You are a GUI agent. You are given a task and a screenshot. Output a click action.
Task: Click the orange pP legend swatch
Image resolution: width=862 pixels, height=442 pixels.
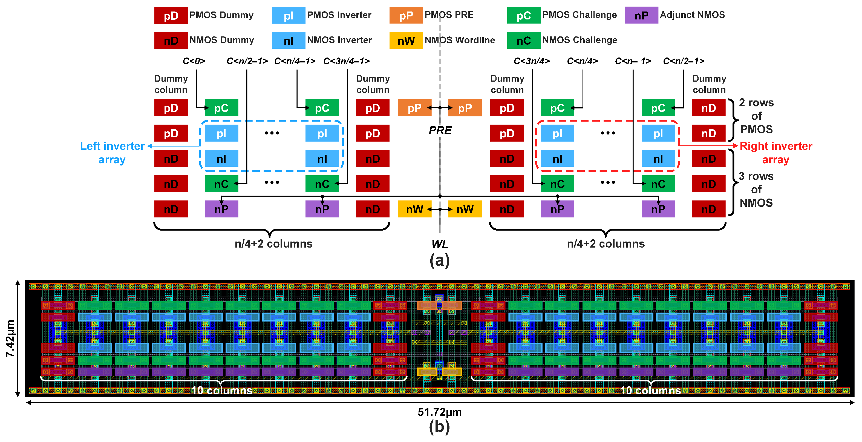pyautogui.click(x=406, y=15)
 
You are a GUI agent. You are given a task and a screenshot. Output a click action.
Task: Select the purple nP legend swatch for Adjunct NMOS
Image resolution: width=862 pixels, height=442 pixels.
pyautogui.click(x=641, y=15)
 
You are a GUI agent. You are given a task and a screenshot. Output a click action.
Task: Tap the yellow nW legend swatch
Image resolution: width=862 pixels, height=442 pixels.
pyautogui.click(x=406, y=41)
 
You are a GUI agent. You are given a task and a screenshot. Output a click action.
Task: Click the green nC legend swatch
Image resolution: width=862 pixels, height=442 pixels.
pyautogui.click(x=524, y=41)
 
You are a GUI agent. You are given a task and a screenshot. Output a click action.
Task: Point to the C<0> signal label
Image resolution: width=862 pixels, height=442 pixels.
pyautogui.click(x=194, y=61)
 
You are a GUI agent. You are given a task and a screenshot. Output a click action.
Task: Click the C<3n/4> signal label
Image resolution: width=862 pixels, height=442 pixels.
pyautogui.click(x=531, y=61)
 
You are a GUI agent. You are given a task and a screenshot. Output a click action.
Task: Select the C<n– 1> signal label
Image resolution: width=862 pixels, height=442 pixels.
pyautogui.click(x=633, y=61)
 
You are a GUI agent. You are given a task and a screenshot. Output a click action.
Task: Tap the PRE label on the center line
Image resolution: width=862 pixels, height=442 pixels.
pyautogui.click(x=440, y=130)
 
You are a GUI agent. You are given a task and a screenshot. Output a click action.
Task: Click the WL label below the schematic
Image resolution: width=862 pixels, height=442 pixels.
pyautogui.click(x=440, y=244)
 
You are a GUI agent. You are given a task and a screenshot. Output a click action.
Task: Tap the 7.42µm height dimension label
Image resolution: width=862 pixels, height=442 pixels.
pyautogui.click(x=10, y=338)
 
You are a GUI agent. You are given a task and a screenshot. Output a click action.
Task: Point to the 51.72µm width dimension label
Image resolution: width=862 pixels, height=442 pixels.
pyautogui.click(x=439, y=412)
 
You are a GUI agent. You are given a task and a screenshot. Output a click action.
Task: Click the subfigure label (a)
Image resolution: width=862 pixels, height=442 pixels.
pyautogui.click(x=439, y=260)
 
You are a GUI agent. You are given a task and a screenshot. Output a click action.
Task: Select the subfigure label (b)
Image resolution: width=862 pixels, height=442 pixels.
pyautogui.click(x=439, y=427)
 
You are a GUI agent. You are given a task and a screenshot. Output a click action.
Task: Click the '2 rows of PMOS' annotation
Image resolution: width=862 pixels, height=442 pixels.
pyautogui.click(x=756, y=116)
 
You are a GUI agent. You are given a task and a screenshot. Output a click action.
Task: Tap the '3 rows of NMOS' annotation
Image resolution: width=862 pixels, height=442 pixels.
pyautogui.click(x=756, y=190)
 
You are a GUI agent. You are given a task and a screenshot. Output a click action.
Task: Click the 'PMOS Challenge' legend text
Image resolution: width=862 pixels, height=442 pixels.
pyautogui.click(x=579, y=15)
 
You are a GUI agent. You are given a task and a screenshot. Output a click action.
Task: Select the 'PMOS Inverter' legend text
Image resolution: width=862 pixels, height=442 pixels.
pyautogui.click(x=339, y=15)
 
